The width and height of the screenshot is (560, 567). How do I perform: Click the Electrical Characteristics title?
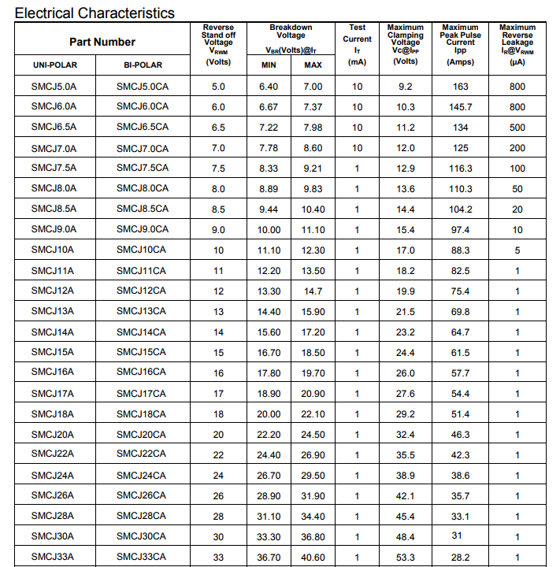point(95,13)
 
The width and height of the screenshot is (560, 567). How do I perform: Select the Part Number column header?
point(102,42)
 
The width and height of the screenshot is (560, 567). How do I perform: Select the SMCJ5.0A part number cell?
point(54,86)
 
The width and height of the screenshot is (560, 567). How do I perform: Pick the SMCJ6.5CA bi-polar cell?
point(142,127)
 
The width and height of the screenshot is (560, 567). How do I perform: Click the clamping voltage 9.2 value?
point(406,87)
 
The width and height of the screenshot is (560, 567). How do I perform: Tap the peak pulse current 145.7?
point(461,107)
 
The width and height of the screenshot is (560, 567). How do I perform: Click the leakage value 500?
point(517,128)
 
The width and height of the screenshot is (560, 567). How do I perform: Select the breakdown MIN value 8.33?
point(269,169)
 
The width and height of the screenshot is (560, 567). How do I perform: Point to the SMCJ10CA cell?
point(141,250)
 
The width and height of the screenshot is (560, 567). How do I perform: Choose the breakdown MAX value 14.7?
point(313,291)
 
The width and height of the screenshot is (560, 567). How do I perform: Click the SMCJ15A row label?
point(53,352)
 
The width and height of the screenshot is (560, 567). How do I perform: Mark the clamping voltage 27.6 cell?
point(406,394)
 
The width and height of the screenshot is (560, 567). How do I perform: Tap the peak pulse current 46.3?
point(461,435)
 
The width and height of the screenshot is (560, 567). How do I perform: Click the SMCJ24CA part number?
point(141,475)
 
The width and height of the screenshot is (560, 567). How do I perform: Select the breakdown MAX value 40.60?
point(313,558)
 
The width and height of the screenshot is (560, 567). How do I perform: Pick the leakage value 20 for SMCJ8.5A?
point(517,209)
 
